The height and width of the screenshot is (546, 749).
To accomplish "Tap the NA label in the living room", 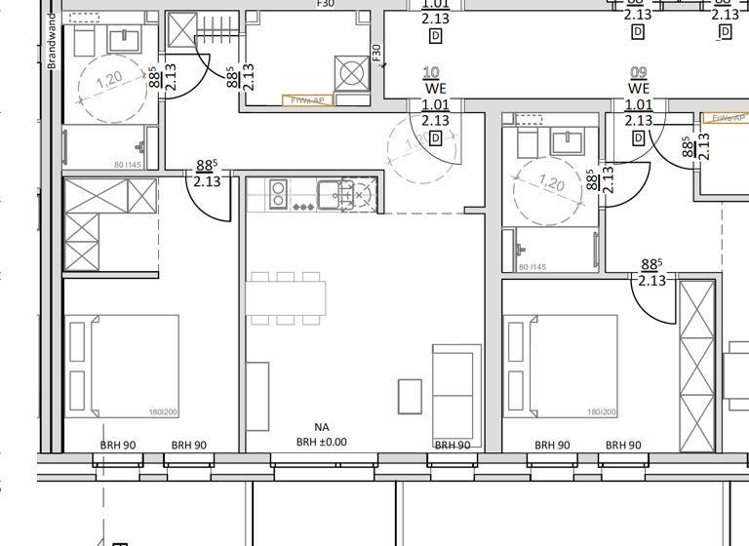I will pos(322,427).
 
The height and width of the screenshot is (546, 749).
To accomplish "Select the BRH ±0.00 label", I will pos(322,442).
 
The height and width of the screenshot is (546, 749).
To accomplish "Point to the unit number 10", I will pos(431,73).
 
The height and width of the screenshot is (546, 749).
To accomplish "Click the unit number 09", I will pos(639,73).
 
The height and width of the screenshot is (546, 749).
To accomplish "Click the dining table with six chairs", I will pos(286,298).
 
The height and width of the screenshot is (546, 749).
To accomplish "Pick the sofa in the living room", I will pos(456,394).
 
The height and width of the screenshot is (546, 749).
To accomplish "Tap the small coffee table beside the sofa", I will pos(411,396).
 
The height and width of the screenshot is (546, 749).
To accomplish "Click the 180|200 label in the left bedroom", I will pos(162,412).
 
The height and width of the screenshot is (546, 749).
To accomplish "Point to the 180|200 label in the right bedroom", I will pos(602,412).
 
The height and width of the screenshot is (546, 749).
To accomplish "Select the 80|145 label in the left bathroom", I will pos(100,164).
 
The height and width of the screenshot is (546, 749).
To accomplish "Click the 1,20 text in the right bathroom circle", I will pos(552,183).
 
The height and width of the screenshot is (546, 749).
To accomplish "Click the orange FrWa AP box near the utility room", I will pos(307,100).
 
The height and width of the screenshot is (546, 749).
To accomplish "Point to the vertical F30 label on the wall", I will pos(375,54).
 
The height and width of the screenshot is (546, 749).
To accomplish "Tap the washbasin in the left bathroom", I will pos(125,41).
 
